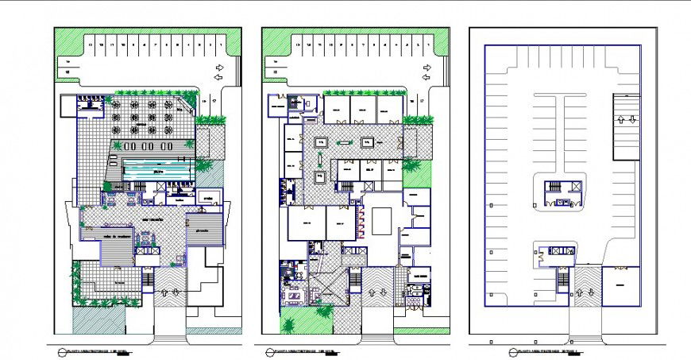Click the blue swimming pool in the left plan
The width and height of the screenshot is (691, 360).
click(159, 171)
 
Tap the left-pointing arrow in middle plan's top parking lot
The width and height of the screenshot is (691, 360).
click(427, 68)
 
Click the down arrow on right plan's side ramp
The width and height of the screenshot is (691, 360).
click(631, 120)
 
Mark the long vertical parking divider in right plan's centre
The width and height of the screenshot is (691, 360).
click(562, 135)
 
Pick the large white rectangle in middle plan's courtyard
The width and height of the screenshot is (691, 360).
click(381, 222)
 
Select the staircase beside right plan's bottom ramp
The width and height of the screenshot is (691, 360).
click(562, 281)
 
